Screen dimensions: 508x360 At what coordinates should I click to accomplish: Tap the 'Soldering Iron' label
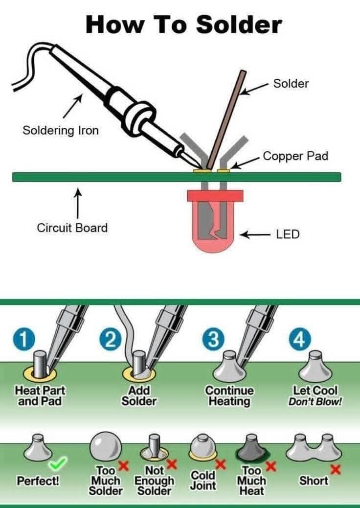coord(60,131)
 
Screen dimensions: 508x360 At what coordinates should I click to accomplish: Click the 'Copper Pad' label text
coord(295,156)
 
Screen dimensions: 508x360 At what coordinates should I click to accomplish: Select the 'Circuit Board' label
coord(72,228)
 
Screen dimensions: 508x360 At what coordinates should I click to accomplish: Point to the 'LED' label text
coord(288,234)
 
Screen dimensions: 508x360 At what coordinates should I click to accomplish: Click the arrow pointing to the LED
coord(255,235)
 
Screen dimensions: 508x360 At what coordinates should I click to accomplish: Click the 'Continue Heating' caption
coord(229,396)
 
